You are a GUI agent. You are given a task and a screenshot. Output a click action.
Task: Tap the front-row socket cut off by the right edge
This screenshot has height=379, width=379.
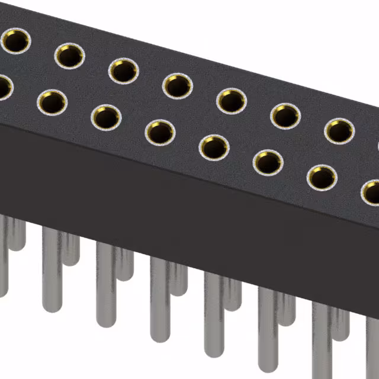[x=371, y=192]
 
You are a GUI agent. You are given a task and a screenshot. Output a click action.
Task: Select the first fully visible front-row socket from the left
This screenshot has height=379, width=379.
[x=53, y=102]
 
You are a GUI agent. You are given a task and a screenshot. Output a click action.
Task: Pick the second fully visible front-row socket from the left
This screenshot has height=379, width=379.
[x=107, y=117]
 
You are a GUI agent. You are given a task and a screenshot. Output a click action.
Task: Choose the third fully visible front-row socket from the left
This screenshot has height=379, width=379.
[x=160, y=132]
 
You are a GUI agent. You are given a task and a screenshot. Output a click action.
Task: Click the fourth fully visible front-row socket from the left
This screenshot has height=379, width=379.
[x=213, y=147]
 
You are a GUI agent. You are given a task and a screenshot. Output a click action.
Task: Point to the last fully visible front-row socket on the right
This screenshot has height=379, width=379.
[x=322, y=177]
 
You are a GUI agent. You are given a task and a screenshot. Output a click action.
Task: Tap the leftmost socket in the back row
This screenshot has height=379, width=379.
[x=15, y=41]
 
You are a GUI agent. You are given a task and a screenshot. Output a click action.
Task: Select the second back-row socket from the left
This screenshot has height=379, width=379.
[x=69, y=56]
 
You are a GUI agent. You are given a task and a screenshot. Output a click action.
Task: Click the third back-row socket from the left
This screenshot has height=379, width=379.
[x=123, y=70]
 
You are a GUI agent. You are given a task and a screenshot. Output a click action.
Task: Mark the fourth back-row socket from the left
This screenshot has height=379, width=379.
[x=176, y=85]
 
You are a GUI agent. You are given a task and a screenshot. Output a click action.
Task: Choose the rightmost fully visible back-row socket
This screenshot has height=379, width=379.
[x=338, y=130]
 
